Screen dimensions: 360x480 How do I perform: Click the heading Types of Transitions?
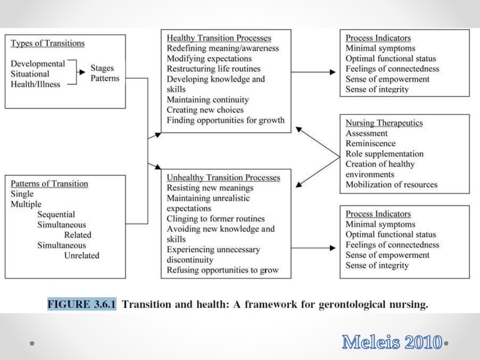47,44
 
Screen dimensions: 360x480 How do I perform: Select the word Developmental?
37,64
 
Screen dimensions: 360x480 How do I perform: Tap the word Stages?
102,69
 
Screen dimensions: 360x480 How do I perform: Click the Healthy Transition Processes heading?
219,38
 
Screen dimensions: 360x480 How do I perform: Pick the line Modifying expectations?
209,59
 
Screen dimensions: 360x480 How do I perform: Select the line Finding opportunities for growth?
225,120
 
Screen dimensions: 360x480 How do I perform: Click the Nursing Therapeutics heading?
384,123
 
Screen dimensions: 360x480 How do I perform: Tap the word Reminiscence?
370,144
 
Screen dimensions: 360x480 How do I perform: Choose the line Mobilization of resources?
391,185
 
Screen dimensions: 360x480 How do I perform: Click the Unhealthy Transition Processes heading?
224,178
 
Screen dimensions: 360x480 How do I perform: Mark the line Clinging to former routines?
216,219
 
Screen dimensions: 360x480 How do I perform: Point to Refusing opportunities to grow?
223,270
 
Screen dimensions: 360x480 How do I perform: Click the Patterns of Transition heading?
49,184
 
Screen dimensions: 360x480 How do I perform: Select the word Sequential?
56,215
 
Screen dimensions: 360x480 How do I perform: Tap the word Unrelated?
82,255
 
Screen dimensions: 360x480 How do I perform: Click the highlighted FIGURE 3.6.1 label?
82,305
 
